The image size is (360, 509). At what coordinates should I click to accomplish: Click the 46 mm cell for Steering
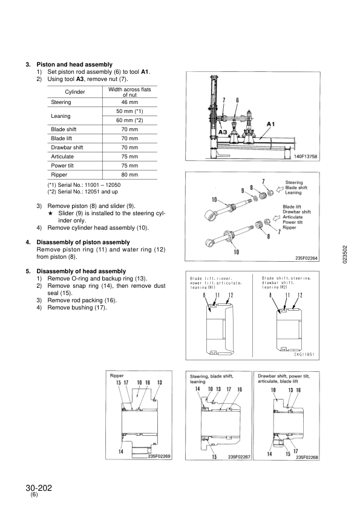tap(129, 102)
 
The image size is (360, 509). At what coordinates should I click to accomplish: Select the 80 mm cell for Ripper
tap(129, 175)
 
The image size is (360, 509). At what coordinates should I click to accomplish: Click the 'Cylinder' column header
tap(75, 92)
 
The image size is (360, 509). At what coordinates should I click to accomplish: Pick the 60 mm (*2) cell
tap(129, 120)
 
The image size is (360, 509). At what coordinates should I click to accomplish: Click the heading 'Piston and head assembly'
tap(74, 65)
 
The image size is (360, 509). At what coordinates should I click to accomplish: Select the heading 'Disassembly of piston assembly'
tap(83, 242)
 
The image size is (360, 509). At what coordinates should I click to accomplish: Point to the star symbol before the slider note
tap(50, 213)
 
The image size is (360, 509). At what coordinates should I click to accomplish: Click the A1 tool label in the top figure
tap(270, 124)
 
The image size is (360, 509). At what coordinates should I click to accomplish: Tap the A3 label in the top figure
tap(223, 132)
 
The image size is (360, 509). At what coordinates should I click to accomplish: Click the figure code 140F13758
tap(306, 157)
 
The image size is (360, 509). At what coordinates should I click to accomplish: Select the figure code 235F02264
tap(306, 258)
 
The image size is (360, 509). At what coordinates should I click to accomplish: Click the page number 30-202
tap(39, 488)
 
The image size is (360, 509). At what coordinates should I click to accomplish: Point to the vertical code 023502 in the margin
tap(345, 254)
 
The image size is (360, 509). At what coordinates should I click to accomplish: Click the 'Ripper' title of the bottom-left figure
tap(117, 375)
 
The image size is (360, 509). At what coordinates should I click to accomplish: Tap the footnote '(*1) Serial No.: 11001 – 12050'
tap(84, 185)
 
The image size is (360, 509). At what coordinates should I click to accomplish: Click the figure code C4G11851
tap(304, 354)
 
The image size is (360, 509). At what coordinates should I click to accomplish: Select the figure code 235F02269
tap(159, 456)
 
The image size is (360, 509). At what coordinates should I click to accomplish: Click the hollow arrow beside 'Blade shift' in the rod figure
tap(280, 189)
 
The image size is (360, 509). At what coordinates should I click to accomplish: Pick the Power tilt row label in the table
tap(62, 166)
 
